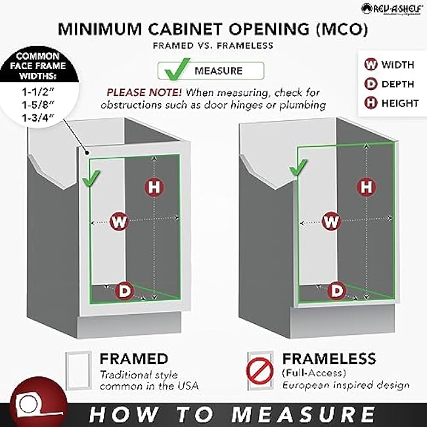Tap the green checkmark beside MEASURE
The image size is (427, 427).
tap(173, 70)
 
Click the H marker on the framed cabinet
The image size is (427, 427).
tap(154, 187)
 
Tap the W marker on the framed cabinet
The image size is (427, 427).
tap(118, 221)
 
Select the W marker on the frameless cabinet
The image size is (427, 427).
tap(332, 221)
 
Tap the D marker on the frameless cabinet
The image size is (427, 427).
tap(336, 290)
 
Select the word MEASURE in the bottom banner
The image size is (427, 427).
tap(303, 414)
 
